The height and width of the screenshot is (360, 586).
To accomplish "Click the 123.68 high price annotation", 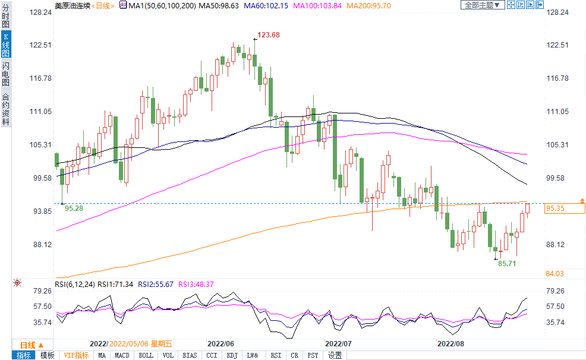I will (269, 35).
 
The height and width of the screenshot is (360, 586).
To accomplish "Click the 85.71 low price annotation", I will (507, 263).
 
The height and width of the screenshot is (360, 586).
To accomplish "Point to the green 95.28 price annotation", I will (74, 209).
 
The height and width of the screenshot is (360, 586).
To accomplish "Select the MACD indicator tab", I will (122, 355).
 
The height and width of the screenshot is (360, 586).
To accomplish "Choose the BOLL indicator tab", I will (146, 355).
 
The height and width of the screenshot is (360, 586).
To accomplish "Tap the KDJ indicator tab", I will (232, 355).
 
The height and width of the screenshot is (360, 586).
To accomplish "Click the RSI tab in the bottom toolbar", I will (276, 355).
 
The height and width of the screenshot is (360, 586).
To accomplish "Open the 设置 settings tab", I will (335, 355).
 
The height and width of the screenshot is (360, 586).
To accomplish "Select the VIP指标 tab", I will (77, 355).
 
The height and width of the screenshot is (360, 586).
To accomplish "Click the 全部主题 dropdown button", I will (482, 5).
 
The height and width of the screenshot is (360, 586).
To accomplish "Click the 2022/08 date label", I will (450, 343).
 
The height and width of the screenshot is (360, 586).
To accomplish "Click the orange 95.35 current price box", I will (565, 208).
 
